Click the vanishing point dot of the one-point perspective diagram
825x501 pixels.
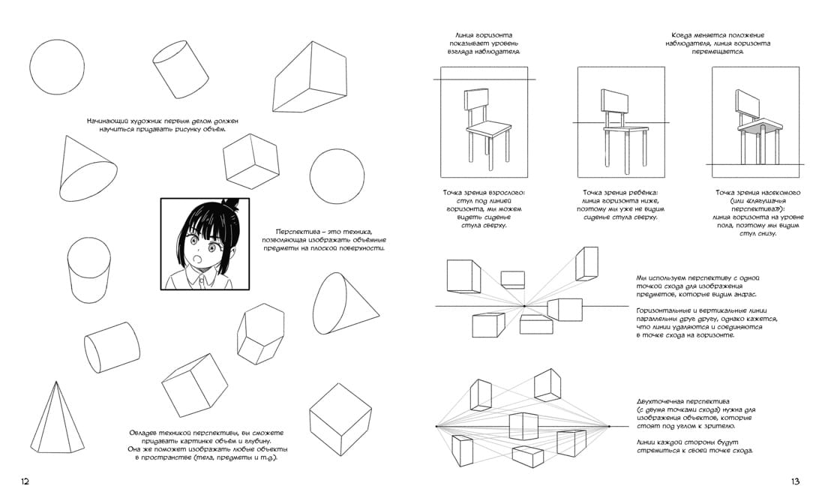524,306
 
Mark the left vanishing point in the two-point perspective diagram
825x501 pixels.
436,426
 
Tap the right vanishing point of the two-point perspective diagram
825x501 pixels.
609,426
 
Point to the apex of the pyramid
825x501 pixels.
55,382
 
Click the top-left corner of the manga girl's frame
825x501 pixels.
161,199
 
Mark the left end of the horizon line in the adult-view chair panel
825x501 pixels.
433,79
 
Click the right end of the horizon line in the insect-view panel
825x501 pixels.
804,165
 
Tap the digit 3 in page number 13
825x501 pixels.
797,481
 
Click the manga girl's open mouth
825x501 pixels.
196,259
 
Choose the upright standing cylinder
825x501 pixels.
89,270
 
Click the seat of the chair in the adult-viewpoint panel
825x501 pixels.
489,129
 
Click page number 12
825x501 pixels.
25,481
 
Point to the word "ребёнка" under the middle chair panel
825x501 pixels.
643,193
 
